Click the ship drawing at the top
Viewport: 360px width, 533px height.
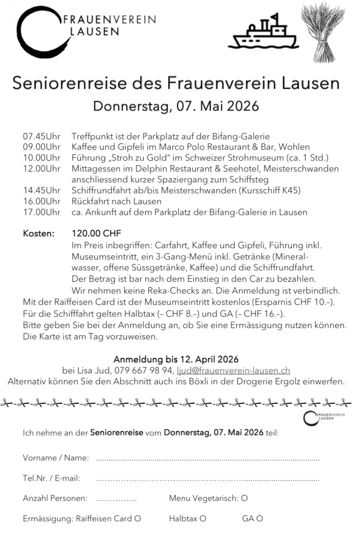coord(263,33)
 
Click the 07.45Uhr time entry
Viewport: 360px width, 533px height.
coord(42,136)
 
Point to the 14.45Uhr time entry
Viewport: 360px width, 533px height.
coord(42,190)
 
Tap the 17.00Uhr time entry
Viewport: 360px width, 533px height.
coord(42,212)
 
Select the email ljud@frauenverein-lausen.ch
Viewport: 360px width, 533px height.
coord(233,371)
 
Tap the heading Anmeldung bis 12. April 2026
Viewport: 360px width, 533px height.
coord(176,360)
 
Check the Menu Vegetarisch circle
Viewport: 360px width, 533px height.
coord(244,499)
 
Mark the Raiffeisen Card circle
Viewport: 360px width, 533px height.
coord(138,518)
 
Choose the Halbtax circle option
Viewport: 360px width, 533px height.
coord(203,518)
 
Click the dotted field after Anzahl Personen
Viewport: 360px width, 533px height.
coord(116,499)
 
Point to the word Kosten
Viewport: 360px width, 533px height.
coord(39,234)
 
